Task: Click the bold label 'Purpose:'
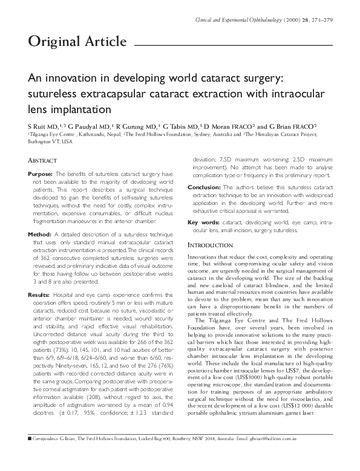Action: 41,174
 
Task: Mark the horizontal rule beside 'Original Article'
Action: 233,44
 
